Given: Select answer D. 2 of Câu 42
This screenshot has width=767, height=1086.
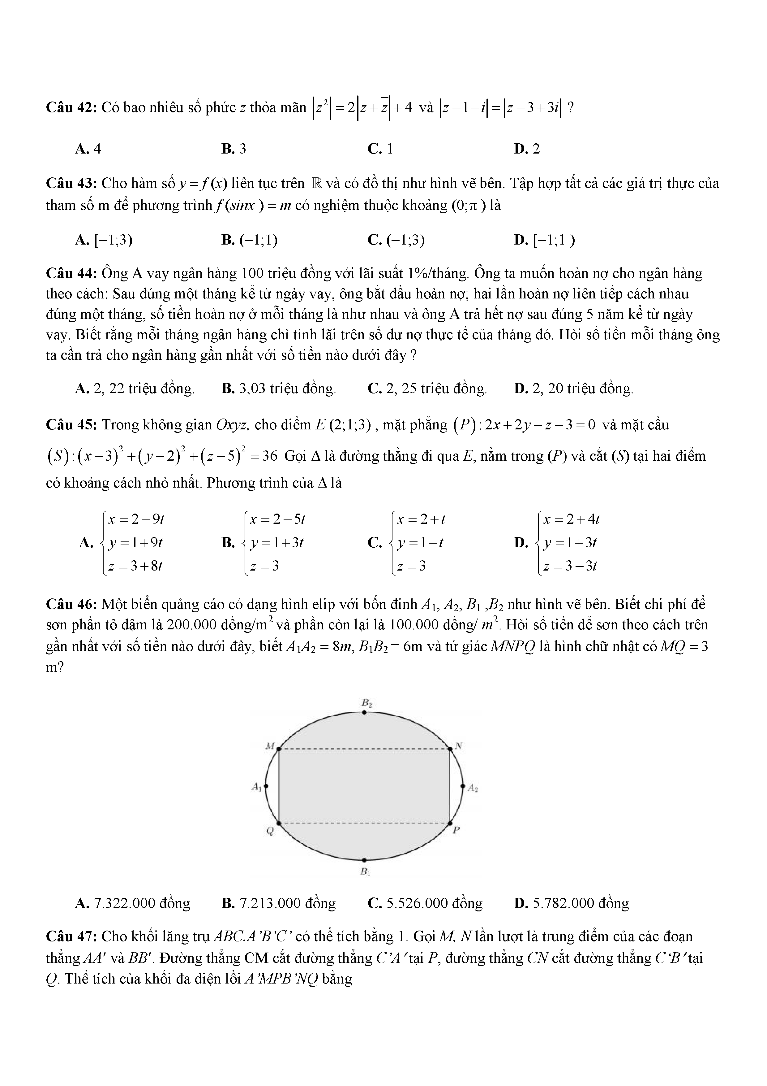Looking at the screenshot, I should (x=526, y=149).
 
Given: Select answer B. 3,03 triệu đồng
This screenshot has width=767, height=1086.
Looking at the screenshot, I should (x=279, y=389).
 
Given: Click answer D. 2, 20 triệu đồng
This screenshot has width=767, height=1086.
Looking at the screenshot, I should (x=574, y=389).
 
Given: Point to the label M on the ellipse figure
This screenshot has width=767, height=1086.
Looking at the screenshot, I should (x=270, y=746).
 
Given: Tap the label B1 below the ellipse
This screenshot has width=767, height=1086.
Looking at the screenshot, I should (x=365, y=871).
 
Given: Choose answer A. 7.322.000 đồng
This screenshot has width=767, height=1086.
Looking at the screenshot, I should (x=132, y=903).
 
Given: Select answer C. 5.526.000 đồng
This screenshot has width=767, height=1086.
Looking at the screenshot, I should (x=425, y=903).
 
